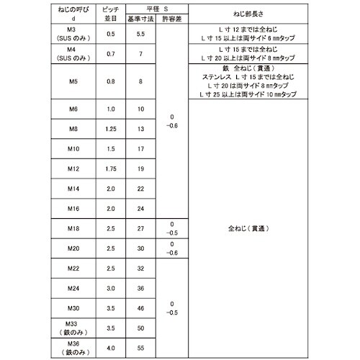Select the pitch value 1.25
coord(111,129)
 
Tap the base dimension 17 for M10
coord(140,149)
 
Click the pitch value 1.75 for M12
coord(111,169)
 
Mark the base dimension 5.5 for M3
coord(140,34)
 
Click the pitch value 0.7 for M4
coord(111,54)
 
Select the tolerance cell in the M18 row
coord(171,228)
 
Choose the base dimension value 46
coord(140,307)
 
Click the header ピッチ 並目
coord(111,13)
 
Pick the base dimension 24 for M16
coord(140,209)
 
